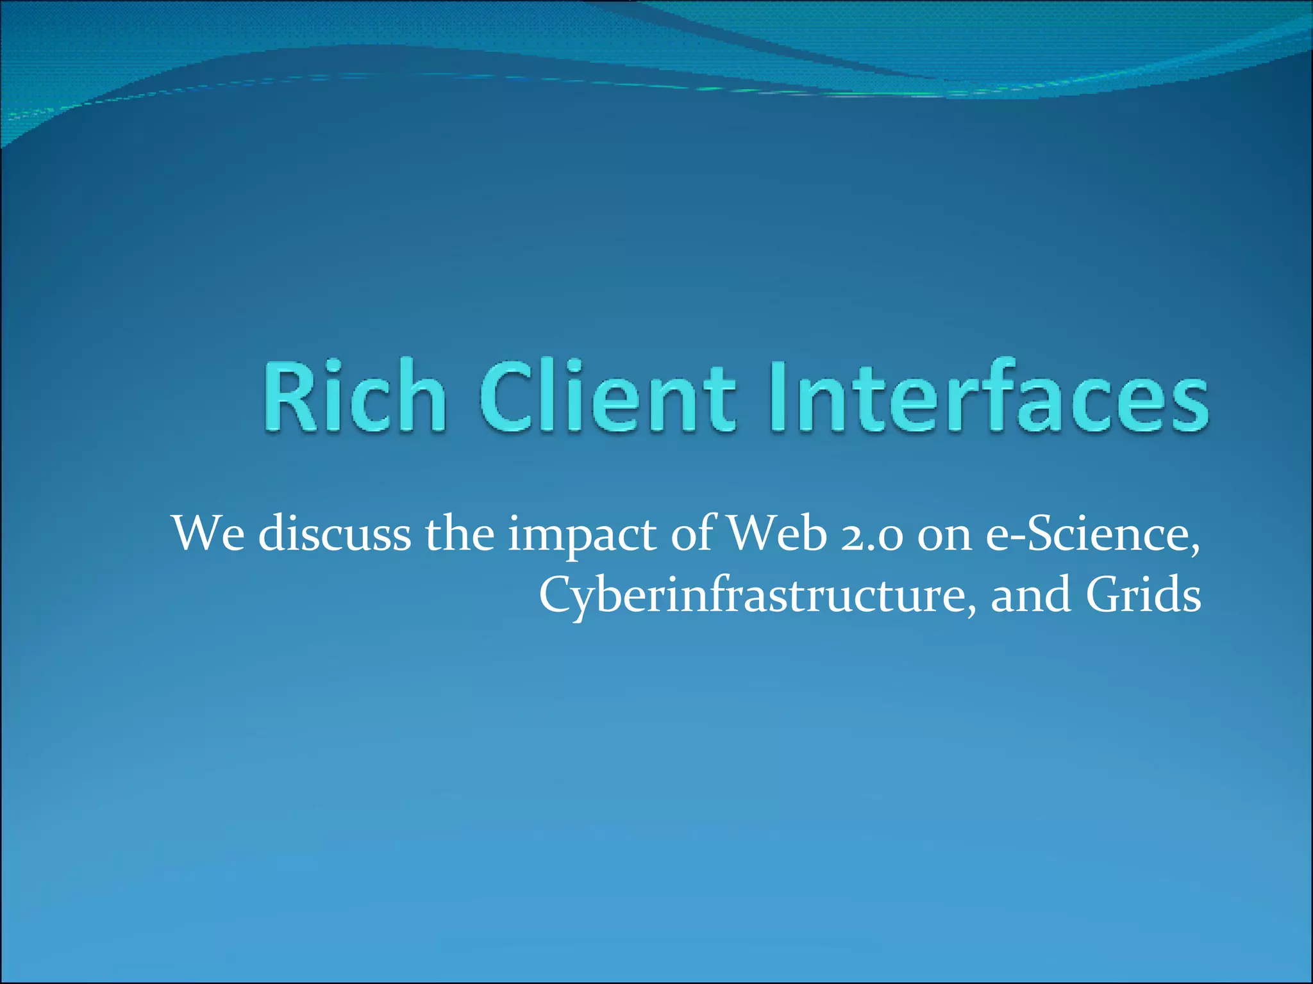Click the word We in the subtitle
point(208,534)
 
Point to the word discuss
point(334,534)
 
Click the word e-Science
point(1090,534)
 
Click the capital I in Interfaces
point(777,397)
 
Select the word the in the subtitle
point(460,534)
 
